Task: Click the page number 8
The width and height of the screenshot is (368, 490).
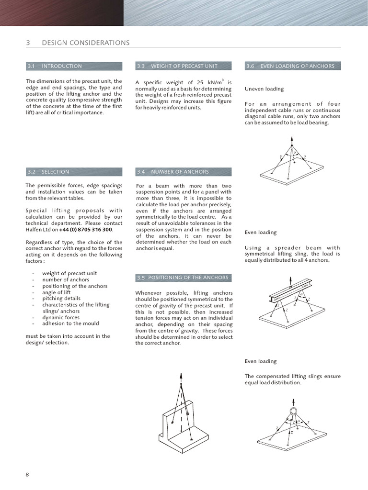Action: click(x=27, y=475)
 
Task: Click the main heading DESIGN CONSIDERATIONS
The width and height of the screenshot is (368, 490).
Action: click(x=85, y=43)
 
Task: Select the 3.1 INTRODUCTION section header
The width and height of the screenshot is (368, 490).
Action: click(x=61, y=66)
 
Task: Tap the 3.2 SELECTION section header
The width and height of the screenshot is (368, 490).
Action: click(x=55, y=172)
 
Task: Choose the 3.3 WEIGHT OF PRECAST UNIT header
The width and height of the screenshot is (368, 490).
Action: click(x=184, y=66)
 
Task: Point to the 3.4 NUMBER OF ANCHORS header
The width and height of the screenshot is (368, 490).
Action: click(x=179, y=172)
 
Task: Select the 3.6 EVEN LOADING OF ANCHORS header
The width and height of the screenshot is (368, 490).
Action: click(x=297, y=66)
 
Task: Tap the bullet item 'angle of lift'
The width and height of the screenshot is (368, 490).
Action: click(x=59, y=292)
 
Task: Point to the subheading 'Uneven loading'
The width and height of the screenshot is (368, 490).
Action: click(x=264, y=89)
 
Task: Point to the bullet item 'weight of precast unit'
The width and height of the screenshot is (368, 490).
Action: click(x=69, y=274)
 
